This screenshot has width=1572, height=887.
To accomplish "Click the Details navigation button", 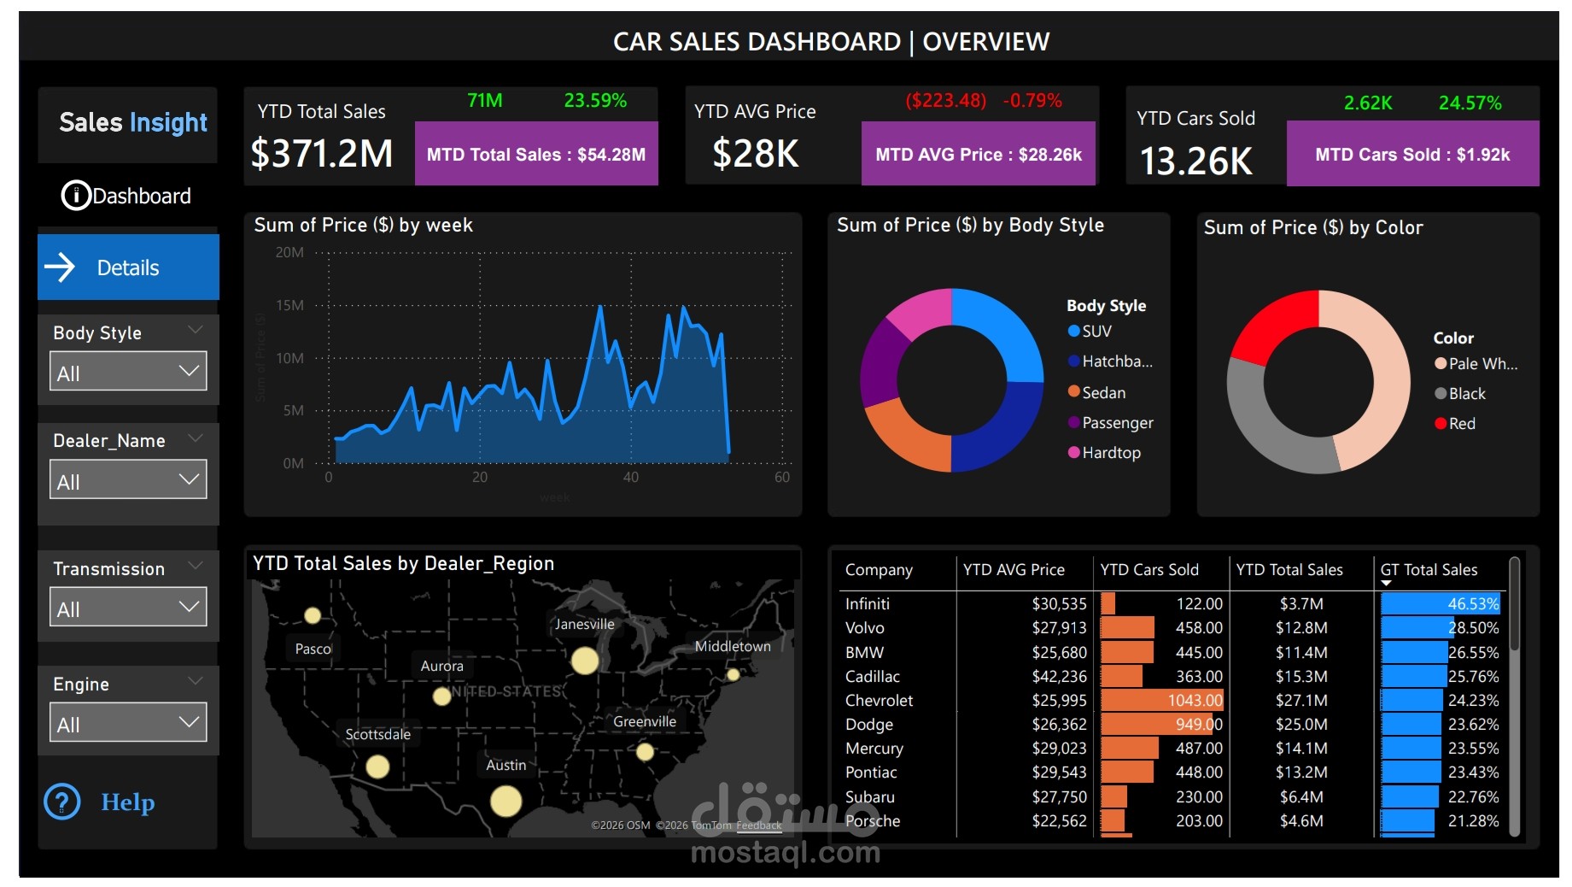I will click(128, 267).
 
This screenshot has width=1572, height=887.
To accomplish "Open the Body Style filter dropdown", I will click(128, 372).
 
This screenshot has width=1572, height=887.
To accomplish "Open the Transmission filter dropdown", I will click(128, 608).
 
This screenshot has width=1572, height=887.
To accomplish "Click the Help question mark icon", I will click(62, 802).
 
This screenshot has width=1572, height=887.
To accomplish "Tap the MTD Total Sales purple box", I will click(536, 154).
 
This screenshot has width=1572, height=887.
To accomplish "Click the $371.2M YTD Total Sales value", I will click(322, 154).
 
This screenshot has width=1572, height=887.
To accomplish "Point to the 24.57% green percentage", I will click(1470, 103).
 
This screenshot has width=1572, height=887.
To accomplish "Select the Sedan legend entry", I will click(1103, 392).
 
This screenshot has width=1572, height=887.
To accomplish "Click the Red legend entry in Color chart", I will click(1461, 423).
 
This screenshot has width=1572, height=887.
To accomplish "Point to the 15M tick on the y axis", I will click(289, 305).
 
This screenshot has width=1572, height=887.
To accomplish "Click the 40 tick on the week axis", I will click(630, 477).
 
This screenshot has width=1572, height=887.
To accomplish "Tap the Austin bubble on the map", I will click(505, 801).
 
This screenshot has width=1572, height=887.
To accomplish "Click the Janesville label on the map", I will click(584, 624).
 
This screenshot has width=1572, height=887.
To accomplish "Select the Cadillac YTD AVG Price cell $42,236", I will click(1059, 676).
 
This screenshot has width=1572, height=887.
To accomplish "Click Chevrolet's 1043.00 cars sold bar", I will click(1161, 700).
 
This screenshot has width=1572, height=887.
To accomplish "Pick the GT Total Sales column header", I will click(1429, 569).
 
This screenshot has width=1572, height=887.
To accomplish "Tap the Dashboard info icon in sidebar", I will click(75, 196).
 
